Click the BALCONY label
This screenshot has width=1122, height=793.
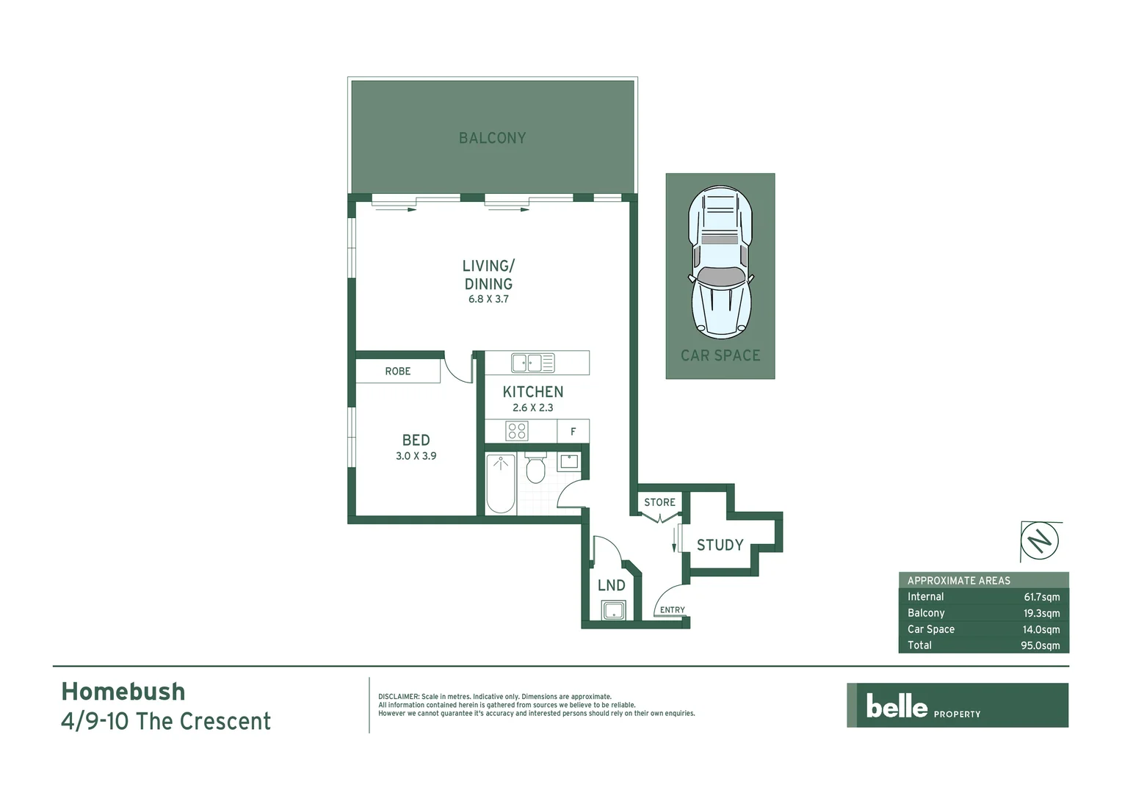click(x=492, y=138)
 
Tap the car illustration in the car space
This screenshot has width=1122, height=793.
click(x=720, y=261)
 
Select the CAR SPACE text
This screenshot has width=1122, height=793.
click(x=720, y=355)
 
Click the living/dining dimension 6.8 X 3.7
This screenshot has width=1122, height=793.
click(x=488, y=299)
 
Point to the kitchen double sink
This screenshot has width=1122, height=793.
click(x=533, y=363)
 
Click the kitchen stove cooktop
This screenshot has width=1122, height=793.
click(x=517, y=431)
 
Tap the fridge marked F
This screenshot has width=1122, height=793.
click(x=573, y=432)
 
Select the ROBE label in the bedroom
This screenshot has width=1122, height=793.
click(x=398, y=372)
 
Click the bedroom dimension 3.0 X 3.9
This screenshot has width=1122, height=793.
click(x=416, y=456)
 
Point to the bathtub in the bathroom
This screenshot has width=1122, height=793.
click(x=501, y=483)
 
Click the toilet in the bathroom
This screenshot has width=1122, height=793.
click(x=535, y=468)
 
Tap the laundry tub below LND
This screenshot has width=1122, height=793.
click(x=612, y=610)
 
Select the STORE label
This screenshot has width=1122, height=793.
click(x=659, y=502)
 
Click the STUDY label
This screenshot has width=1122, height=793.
click(x=720, y=545)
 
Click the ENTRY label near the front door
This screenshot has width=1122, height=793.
click(x=672, y=610)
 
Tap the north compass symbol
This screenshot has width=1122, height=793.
click(x=1040, y=542)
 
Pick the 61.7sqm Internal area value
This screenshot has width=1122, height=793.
click(x=1041, y=597)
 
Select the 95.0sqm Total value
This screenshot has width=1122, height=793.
click(x=1040, y=645)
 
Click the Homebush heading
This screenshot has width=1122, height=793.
click(x=123, y=692)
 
